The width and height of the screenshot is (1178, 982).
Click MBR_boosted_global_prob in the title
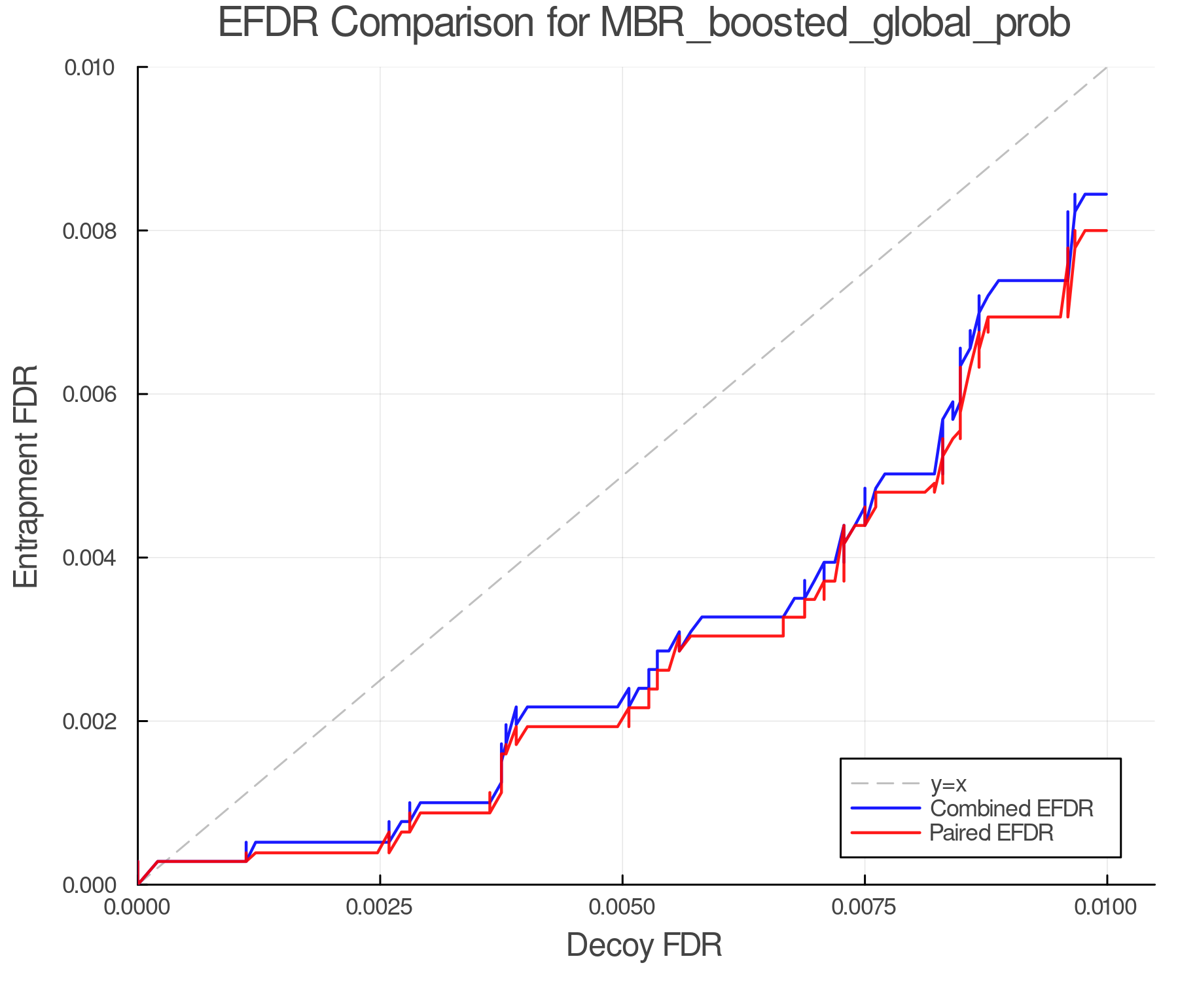834,24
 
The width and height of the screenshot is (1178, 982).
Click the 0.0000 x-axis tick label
137,907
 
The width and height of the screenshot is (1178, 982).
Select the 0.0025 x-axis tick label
380,907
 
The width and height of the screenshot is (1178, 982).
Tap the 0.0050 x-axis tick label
622,907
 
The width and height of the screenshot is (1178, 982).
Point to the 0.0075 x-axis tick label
865,907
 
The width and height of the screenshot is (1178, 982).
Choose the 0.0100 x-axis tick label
1107,907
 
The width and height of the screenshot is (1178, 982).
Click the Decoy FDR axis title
644,945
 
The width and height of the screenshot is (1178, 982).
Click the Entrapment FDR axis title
27,476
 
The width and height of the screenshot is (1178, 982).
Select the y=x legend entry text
948,784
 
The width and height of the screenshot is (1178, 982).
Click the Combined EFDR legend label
1012,809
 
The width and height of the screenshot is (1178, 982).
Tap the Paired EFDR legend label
991,833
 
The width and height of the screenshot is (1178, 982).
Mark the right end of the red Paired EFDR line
1106,230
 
